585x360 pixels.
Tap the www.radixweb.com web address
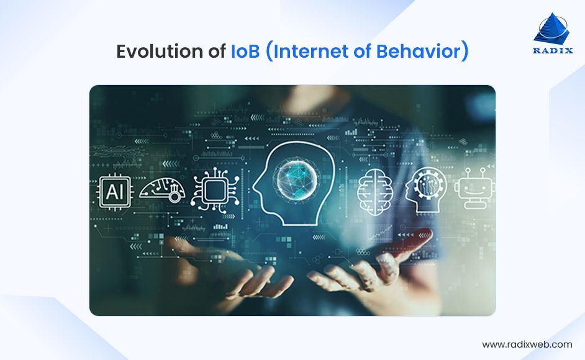(527, 344)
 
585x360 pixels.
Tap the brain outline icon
(375, 191)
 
